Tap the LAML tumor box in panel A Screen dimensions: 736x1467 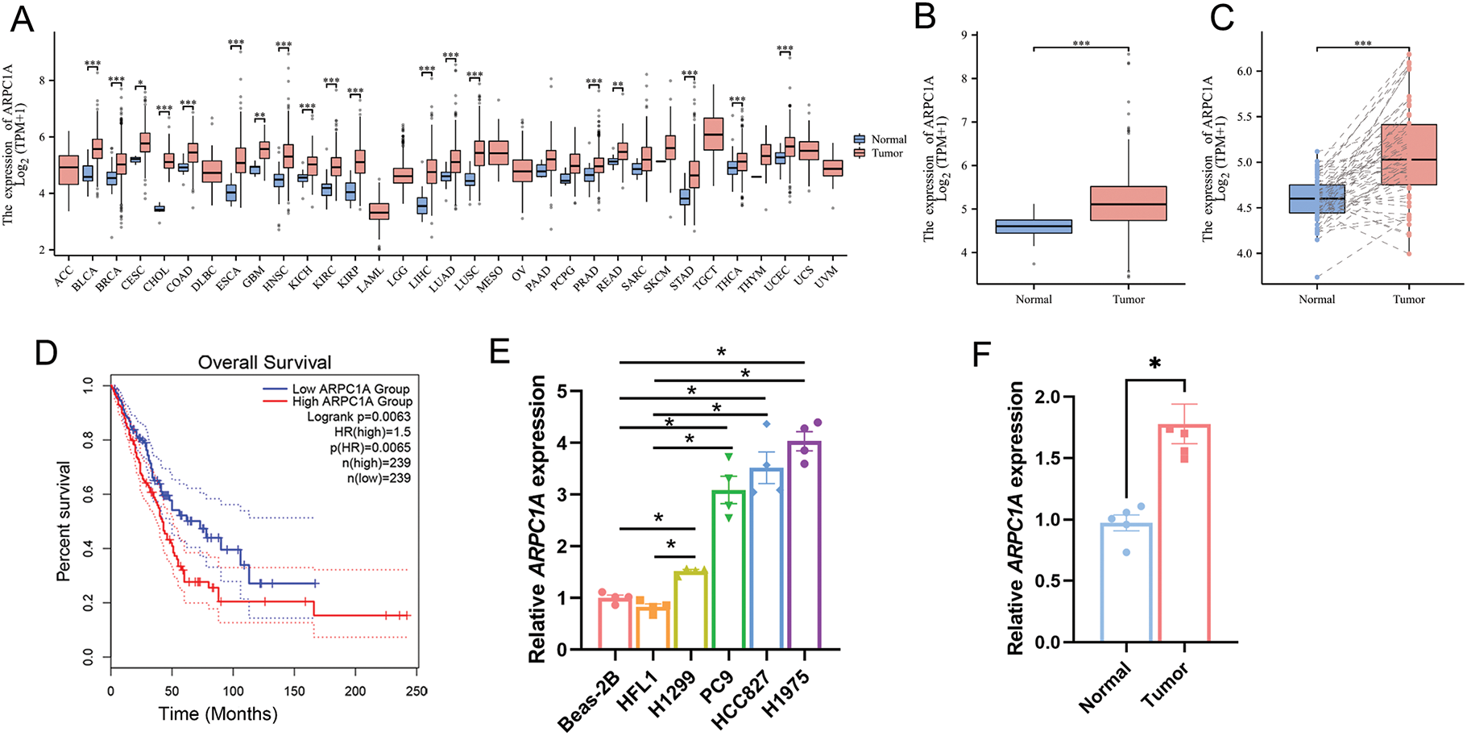click(x=379, y=211)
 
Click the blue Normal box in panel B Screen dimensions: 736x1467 click(x=1034, y=227)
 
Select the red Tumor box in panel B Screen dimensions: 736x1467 click(x=1129, y=203)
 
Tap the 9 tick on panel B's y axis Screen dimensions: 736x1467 click(x=966, y=35)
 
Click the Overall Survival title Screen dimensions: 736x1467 click(x=264, y=363)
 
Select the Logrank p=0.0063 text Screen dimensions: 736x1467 click(x=358, y=417)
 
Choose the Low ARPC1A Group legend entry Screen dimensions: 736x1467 click(x=350, y=389)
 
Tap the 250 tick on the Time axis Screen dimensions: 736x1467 click(x=416, y=691)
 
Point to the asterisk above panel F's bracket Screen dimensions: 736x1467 click(x=1155, y=364)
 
